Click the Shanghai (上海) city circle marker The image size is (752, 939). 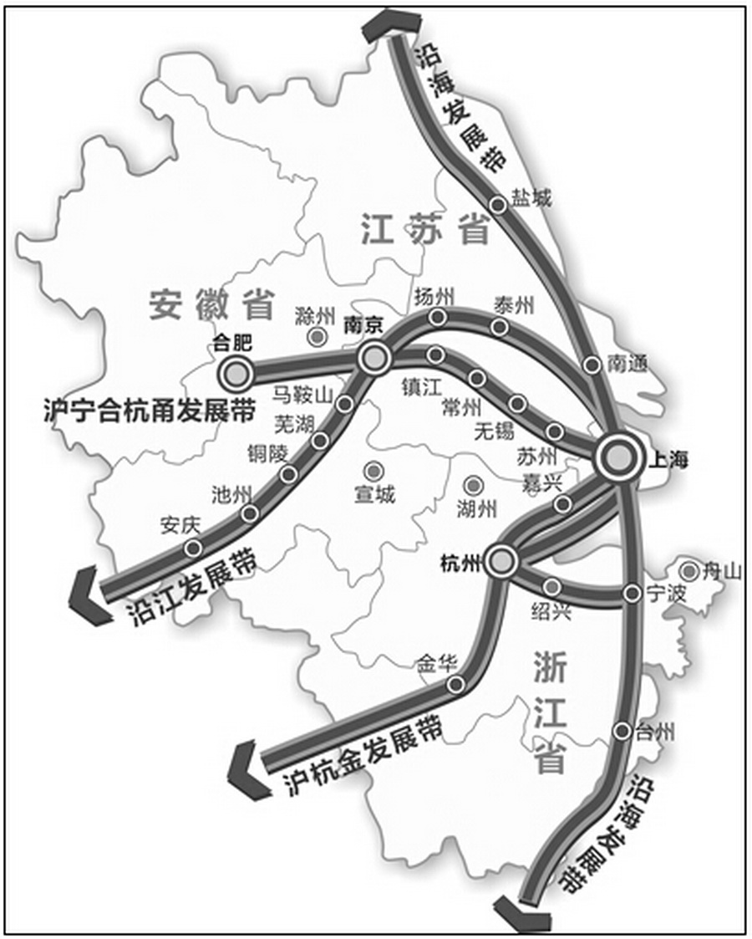(x=619, y=457)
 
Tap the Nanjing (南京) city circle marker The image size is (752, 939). (x=373, y=358)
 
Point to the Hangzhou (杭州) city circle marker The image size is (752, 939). (x=500, y=562)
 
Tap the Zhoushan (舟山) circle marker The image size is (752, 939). (x=689, y=572)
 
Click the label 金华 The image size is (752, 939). (x=436, y=665)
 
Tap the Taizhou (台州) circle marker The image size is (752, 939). (x=622, y=731)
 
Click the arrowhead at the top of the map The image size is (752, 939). (x=381, y=26)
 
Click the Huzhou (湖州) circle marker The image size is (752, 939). (x=474, y=485)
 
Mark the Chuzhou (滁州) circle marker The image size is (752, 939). (x=317, y=337)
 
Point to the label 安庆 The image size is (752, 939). (x=180, y=526)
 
